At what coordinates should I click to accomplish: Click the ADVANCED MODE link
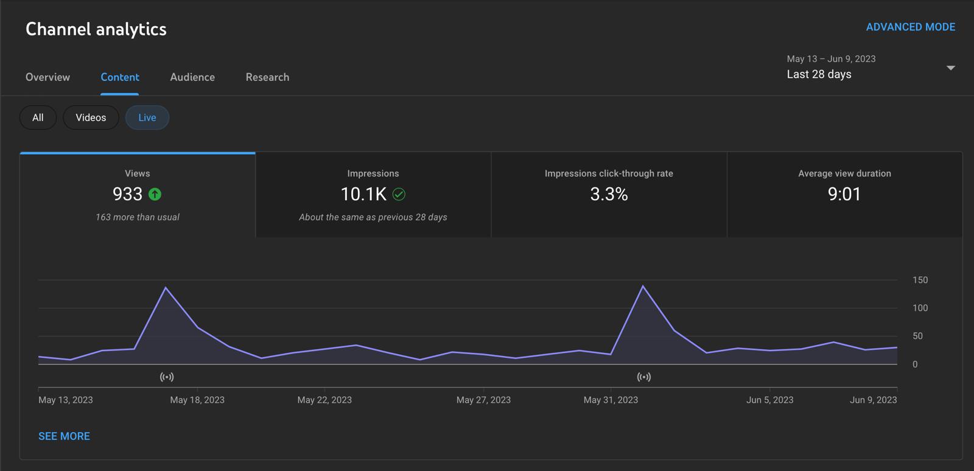click(x=910, y=27)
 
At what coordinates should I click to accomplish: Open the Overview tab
click(x=47, y=77)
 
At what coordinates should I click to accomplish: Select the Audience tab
click(x=192, y=77)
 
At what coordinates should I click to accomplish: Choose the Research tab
click(x=267, y=77)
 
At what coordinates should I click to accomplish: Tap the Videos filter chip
click(x=91, y=117)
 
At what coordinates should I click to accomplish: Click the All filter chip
click(x=38, y=117)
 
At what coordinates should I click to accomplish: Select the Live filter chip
click(x=147, y=117)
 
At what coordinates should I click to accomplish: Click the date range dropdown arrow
click(x=950, y=68)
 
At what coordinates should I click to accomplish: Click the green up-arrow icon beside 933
click(x=155, y=194)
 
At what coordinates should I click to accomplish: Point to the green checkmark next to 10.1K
click(x=399, y=194)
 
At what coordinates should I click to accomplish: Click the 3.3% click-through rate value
click(x=609, y=194)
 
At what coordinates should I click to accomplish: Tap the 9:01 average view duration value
click(x=844, y=194)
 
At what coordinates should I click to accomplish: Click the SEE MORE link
click(x=64, y=436)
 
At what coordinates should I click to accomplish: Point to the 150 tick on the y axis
click(x=920, y=280)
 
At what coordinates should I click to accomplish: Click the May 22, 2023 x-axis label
click(x=324, y=400)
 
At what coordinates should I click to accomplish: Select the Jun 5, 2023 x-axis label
click(x=769, y=400)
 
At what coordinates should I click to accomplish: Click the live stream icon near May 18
click(x=167, y=377)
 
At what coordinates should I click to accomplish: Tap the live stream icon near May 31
click(x=643, y=377)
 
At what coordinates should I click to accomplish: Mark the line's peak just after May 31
click(x=643, y=286)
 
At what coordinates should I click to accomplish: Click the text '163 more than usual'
click(x=138, y=217)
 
